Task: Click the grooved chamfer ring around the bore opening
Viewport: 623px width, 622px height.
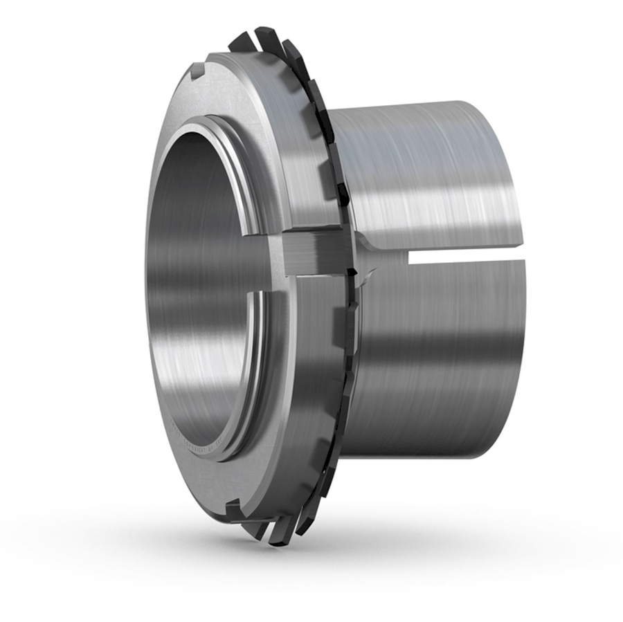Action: coord(256,208)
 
